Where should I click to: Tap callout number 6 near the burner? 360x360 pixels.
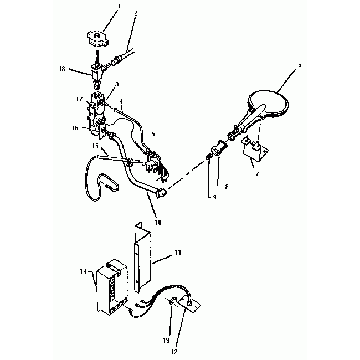coord(299,65)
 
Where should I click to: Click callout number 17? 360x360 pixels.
coord(79,100)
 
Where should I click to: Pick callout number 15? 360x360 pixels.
coord(95,146)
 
